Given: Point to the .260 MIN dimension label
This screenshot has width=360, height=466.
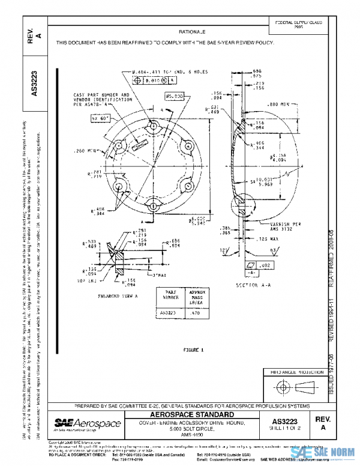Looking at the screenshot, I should click(86, 150).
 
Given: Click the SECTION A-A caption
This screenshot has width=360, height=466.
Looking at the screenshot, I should click(253, 285).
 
